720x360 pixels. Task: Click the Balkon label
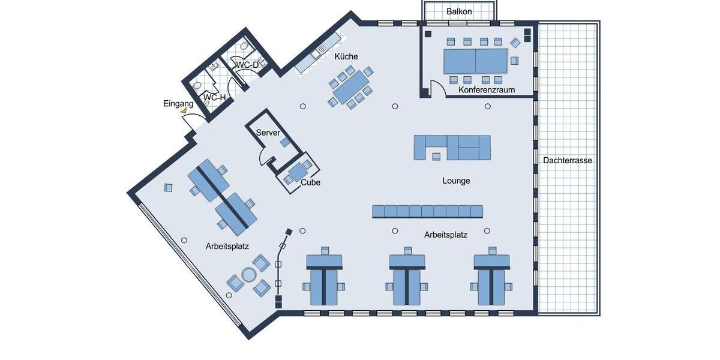click(x=459, y=11)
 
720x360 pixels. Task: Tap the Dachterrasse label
click(x=567, y=160)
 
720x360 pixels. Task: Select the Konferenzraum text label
click(x=487, y=90)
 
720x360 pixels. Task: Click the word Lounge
click(x=456, y=181)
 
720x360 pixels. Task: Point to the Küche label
click(x=346, y=56)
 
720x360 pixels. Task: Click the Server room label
click(x=268, y=133)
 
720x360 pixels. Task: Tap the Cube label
click(x=310, y=182)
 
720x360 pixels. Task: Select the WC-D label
click(x=247, y=64)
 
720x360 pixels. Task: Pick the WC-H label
click(x=214, y=97)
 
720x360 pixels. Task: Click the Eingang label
click(x=178, y=104)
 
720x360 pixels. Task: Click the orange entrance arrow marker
click(x=184, y=111)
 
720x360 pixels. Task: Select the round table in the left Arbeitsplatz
click(x=248, y=275)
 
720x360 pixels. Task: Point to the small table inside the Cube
click(x=297, y=172)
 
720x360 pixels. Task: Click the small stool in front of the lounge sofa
click(x=436, y=157)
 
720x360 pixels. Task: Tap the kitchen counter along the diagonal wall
click(x=318, y=52)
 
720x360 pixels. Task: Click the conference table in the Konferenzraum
click(x=475, y=61)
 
